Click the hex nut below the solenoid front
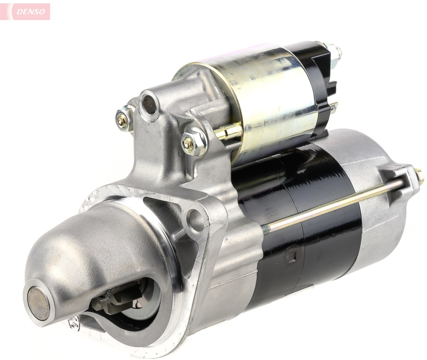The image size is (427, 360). coord(193,142)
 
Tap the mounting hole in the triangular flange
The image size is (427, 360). coord(195,220)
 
